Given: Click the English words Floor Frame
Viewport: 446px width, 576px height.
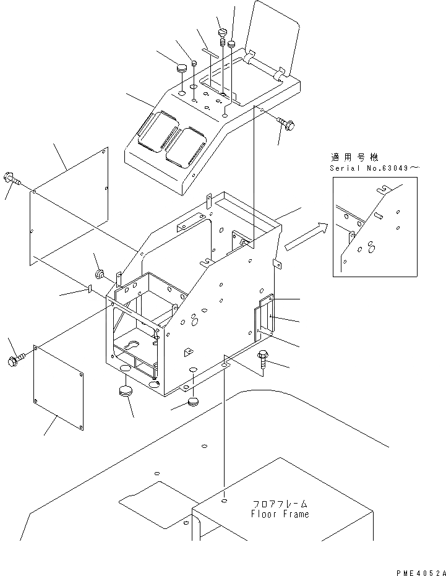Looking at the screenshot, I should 280,514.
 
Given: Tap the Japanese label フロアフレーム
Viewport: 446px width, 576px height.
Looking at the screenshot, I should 280,504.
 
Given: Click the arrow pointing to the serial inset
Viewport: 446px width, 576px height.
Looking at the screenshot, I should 305,238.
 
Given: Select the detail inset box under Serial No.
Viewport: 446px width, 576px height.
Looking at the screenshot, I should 374,226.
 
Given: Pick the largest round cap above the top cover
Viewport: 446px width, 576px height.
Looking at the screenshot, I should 182,67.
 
